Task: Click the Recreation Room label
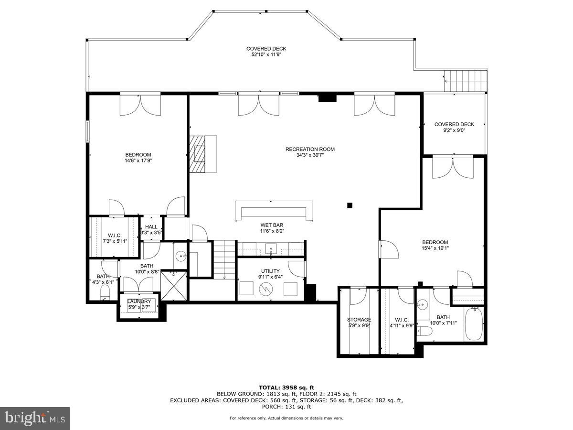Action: pos(310,149)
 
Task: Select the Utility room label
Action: pos(270,271)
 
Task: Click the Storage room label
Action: pos(359,320)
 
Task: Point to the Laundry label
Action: pos(139,301)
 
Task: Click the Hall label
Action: pos(151,227)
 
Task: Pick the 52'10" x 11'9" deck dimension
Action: pos(266,54)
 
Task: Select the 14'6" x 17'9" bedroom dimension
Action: pos(138,161)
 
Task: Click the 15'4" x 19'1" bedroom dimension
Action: pos(435,248)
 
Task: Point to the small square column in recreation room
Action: pos(350,205)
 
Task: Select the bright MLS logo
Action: pos(35,418)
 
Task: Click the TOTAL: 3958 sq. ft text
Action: pos(286,387)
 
